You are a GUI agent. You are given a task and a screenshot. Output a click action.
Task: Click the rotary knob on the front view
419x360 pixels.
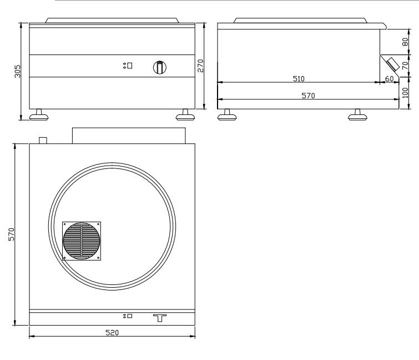click(x=159, y=67)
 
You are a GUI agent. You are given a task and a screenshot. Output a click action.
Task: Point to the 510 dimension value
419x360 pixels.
click(x=299, y=79)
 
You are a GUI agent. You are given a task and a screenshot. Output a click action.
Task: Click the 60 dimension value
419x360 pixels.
click(x=389, y=79)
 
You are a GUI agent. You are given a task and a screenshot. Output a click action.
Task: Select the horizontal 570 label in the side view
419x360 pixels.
click(x=308, y=96)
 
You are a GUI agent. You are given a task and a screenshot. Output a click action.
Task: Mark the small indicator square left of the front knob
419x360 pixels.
click(x=129, y=66)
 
